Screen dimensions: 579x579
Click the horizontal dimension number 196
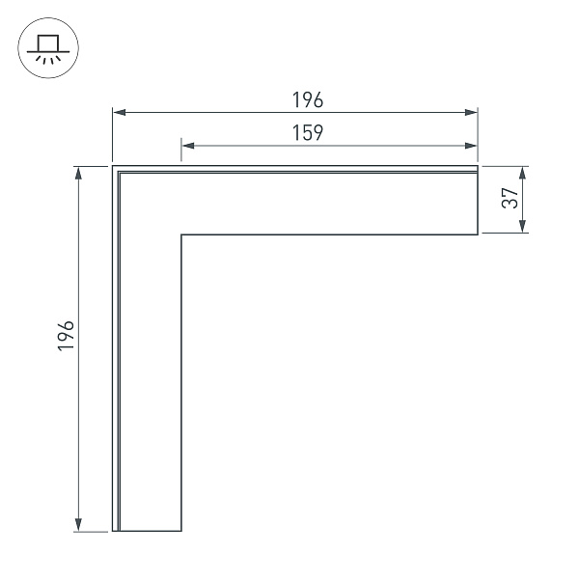point(308,100)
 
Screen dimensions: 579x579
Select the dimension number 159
point(308,133)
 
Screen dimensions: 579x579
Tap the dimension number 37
point(510,198)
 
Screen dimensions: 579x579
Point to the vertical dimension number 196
point(66,335)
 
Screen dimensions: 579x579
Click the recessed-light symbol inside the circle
point(48,49)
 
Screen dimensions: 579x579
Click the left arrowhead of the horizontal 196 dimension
point(120,112)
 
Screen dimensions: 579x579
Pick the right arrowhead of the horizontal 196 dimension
point(471,112)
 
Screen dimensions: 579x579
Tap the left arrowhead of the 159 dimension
point(188,146)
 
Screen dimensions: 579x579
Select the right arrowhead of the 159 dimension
point(471,146)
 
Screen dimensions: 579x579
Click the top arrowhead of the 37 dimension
point(522,173)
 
